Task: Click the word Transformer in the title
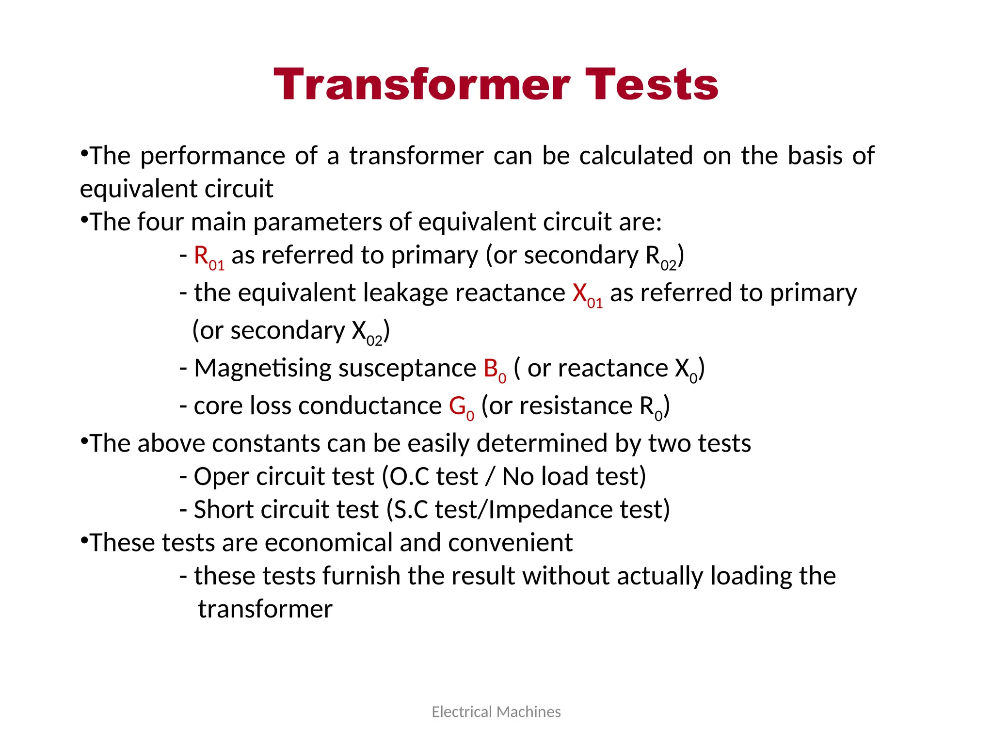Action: pyautogui.click(x=421, y=85)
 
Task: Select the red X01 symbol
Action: pyautogui.click(x=587, y=295)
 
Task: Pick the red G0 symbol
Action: pyautogui.click(x=461, y=407)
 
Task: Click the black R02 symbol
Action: pyautogui.click(x=660, y=257)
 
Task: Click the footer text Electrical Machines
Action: pyautogui.click(x=496, y=712)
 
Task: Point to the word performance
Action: pyautogui.click(x=212, y=157)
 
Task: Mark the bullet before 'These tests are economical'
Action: pyautogui.click(x=84, y=539)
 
